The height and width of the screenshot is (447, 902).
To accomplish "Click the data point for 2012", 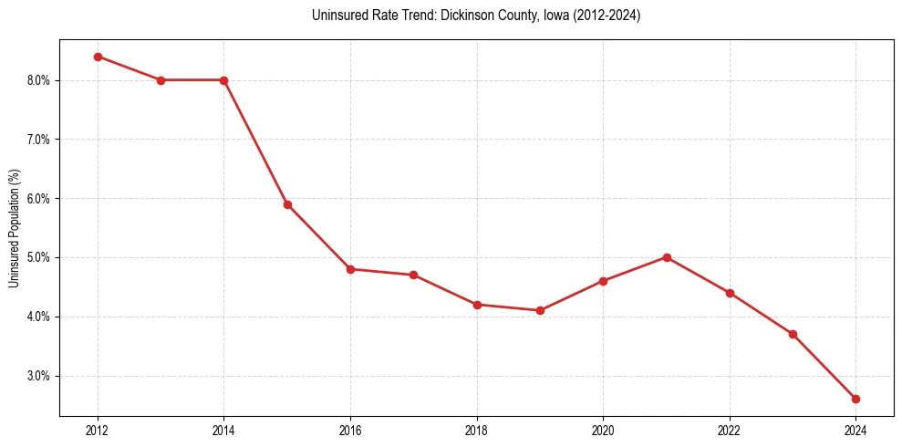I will tap(98, 57).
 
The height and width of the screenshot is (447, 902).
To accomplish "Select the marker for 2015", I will tap(287, 204).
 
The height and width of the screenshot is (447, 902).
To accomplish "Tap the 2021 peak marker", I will tap(667, 257).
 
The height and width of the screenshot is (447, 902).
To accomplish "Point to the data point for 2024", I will tap(855, 399).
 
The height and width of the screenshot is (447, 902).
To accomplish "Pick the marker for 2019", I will tap(540, 310).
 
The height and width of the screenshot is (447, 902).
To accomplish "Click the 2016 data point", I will tap(350, 269).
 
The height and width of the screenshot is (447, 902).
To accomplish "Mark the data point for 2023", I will tap(793, 334).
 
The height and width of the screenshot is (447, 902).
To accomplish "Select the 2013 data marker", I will tap(161, 80).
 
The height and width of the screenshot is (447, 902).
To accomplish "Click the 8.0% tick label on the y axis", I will tap(39, 80).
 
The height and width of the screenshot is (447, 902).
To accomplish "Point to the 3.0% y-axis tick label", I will tap(39, 376).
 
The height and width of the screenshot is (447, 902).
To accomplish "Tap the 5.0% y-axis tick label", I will tap(39, 257).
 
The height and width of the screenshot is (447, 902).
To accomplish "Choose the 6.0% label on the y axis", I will tap(39, 198).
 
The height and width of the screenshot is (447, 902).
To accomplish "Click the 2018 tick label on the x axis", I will tap(477, 431).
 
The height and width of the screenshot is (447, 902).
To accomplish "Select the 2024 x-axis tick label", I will tap(855, 431).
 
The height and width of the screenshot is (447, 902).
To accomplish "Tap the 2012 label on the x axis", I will tap(98, 431).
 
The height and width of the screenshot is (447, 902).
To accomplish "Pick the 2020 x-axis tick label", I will tap(603, 431).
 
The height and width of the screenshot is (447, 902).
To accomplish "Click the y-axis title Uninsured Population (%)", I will tap(14, 228).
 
